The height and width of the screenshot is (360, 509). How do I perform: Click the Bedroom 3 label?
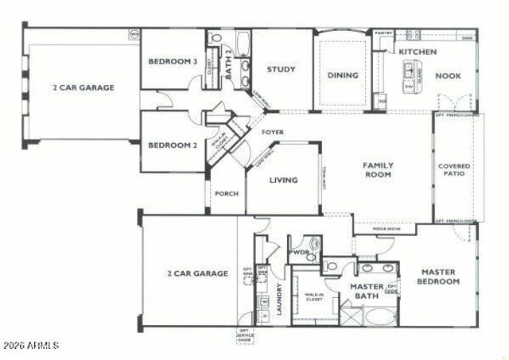(173, 61)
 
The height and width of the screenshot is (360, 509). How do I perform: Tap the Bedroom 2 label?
(173, 145)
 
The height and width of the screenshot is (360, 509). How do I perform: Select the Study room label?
(281, 69)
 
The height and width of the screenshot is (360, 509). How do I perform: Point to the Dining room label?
(343, 75)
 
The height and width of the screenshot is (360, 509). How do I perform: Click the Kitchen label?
(418, 52)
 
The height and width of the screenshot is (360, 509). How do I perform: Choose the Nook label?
(449, 75)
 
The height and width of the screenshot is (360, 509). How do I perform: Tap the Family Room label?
(379, 170)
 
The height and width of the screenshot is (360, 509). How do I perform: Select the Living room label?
(283, 180)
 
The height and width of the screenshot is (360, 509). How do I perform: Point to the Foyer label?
(274, 132)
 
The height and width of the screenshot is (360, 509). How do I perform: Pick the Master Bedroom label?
(440, 276)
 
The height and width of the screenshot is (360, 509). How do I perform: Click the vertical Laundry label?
(279, 300)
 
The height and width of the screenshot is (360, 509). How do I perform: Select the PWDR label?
(299, 252)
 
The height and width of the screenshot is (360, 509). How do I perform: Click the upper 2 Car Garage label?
(84, 87)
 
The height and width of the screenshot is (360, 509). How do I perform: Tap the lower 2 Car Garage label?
(197, 273)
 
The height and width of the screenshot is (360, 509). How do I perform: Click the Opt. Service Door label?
(246, 336)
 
